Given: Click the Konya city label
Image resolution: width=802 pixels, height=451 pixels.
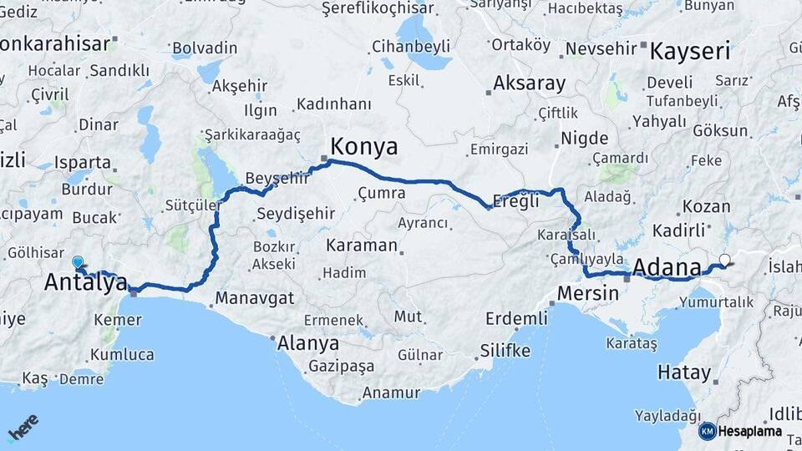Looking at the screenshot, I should tap(363, 147).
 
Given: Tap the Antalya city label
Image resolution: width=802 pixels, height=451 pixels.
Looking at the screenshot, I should tap(85, 282).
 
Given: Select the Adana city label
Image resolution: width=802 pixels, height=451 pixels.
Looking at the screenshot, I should tap(667, 268).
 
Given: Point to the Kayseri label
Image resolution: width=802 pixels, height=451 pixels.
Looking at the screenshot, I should tap(689, 51).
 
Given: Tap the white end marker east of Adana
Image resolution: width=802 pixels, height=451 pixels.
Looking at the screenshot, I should tap(724, 260).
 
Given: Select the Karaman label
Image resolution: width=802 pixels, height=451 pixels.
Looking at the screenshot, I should tap(361, 246).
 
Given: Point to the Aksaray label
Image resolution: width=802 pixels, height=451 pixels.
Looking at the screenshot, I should tap(529, 84).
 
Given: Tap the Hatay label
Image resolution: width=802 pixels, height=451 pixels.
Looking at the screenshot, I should tap(684, 372).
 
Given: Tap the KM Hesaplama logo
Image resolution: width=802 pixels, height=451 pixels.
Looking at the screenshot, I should tap(740, 432).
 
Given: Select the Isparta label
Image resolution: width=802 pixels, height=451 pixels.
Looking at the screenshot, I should tap(82, 162).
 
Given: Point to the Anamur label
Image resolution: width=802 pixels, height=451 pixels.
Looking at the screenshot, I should tap(390, 393).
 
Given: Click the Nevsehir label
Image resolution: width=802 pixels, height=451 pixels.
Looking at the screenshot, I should tap(601, 48).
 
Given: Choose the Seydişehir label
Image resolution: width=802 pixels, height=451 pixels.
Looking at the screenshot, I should tap(295, 213).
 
